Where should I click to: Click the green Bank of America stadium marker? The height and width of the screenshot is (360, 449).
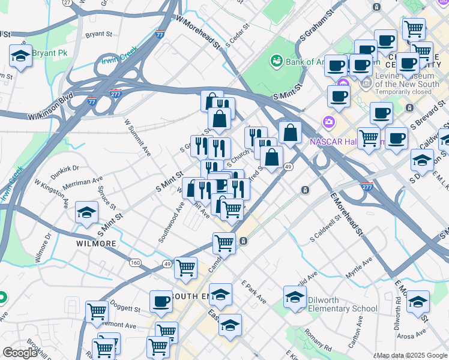click(x=276, y=60)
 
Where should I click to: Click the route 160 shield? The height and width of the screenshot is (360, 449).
click(x=135, y=263)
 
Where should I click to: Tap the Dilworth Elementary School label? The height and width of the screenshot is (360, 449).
click(x=342, y=304)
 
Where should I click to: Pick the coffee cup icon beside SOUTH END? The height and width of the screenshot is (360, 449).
click(x=161, y=302)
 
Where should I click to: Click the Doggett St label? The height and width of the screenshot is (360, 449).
click(x=126, y=309)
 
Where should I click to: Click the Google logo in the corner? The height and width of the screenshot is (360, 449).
click(x=20, y=353)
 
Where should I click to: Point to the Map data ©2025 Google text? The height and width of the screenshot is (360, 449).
click(x=411, y=355)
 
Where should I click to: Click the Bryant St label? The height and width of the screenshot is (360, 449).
click(x=99, y=35)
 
